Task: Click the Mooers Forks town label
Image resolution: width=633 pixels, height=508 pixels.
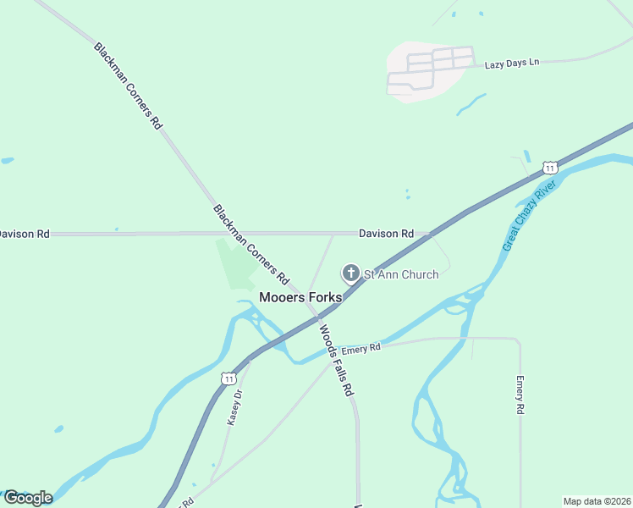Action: click(300, 297)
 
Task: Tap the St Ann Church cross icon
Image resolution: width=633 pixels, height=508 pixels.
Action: click(350, 273)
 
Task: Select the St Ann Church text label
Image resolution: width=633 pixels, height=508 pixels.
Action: click(401, 274)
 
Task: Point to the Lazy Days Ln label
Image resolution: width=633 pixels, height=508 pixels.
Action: click(512, 64)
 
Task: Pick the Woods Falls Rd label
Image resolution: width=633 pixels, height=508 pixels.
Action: click(336, 360)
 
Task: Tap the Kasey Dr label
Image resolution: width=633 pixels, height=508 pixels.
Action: click(236, 407)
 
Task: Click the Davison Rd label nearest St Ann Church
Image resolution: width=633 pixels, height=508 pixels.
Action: click(386, 233)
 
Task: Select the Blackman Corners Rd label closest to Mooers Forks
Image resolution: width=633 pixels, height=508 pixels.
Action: click(251, 244)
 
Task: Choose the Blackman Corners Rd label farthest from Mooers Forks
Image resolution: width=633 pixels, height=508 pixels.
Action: click(128, 86)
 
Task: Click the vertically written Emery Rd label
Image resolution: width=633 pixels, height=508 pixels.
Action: click(520, 395)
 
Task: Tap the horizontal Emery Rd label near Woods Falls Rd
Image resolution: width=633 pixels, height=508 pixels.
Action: click(362, 347)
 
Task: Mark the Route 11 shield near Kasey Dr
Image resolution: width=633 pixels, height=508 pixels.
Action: click(229, 378)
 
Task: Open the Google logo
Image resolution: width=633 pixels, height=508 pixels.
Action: click(27, 498)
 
